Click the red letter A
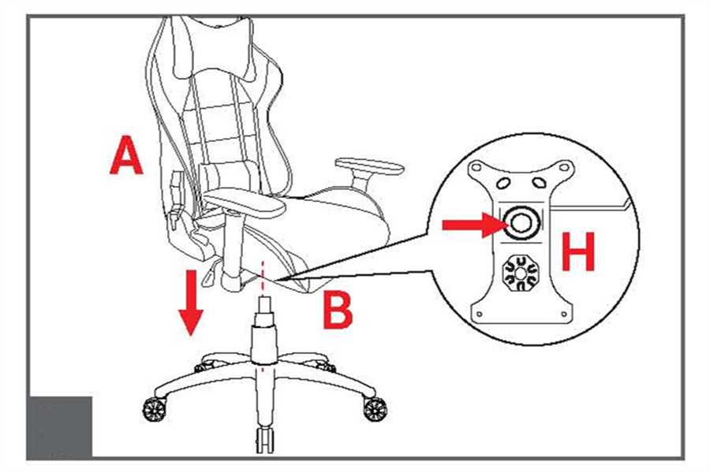(126, 156)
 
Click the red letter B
(338, 311)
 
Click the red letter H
(577, 251)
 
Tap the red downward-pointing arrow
(191, 303)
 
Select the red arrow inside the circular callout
(474, 225)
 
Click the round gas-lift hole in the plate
(521, 222)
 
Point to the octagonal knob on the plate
(520, 273)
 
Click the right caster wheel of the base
(375, 410)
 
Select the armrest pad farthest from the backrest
(369, 166)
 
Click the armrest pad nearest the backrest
(245, 203)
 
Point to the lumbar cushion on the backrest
(226, 174)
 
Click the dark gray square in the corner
(60, 426)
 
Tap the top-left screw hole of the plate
(476, 167)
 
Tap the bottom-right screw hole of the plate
(564, 314)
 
